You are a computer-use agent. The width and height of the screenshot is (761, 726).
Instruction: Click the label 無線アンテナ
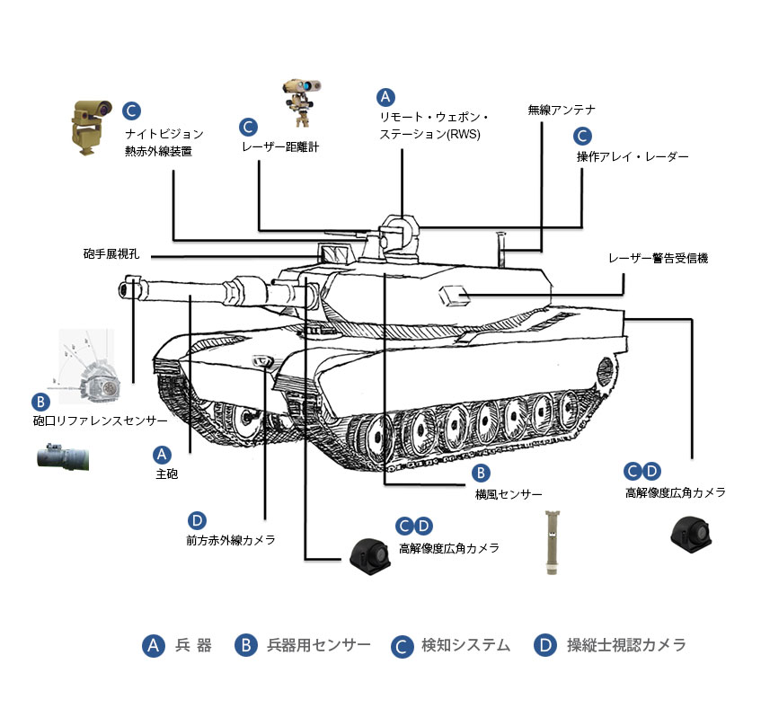pos(562,110)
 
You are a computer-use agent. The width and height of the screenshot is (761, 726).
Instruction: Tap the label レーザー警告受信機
pos(658,258)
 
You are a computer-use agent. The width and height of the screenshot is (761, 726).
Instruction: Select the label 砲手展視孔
pos(111,254)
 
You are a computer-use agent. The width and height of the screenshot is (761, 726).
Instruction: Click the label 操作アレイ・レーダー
pos(633,156)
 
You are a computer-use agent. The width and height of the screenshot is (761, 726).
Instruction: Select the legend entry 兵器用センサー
pos(319,645)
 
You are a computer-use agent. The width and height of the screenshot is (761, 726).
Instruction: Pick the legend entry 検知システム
pos(465,645)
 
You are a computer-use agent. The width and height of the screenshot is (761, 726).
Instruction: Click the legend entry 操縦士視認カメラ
pos(626,645)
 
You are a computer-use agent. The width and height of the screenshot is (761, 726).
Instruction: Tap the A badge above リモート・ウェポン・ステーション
pos(385,96)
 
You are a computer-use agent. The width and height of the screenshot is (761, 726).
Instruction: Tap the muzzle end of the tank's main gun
pos(124,288)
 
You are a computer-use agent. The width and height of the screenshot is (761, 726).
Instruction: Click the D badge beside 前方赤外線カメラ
pos(198,520)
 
